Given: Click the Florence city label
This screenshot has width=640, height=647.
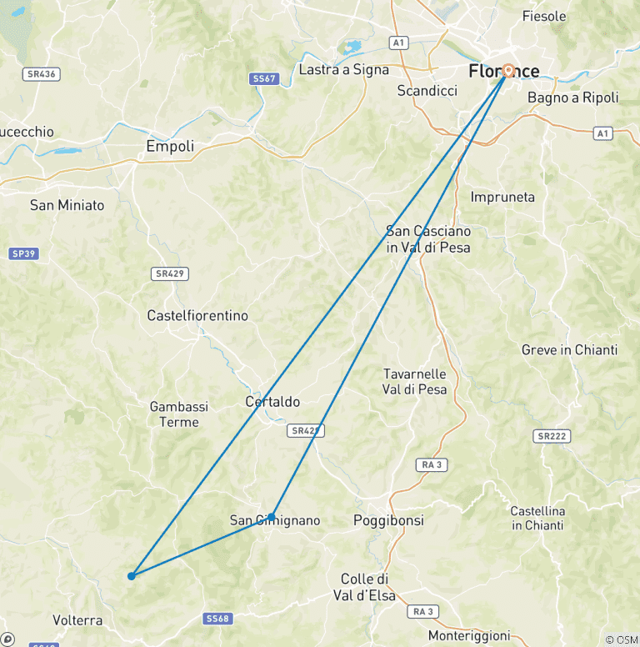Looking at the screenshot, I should (x=503, y=71).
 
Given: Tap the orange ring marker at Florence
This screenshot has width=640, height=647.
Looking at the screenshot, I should (x=507, y=72).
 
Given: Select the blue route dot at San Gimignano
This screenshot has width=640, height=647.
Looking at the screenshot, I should (x=272, y=517).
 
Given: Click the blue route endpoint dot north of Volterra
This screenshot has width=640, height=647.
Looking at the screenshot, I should (x=132, y=575).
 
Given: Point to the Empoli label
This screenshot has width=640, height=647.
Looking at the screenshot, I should (x=170, y=147).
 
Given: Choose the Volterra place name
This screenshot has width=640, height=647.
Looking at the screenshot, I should (x=77, y=620).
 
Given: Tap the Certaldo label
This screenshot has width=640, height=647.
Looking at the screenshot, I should (x=272, y=402).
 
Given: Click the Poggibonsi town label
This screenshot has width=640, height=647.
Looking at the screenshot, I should (x=388, y=520).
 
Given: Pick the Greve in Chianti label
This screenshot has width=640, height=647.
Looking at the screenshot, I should (x=569, y=350).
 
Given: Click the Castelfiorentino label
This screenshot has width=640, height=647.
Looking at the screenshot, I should (x=197, y=316).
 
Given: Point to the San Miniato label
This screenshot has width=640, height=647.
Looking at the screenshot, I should (x=67, y=205).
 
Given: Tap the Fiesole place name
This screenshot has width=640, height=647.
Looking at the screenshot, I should (x=543, y=16).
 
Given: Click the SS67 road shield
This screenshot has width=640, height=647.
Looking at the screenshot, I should (x=262, y=78).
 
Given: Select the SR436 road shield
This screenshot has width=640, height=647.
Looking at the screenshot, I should (x=41, y=74).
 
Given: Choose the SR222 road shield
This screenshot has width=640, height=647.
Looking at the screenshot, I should (x=552, y=436).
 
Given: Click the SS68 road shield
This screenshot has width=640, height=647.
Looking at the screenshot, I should (x=217, y=619).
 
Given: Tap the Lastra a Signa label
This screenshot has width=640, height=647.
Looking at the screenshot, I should (x=344, y=69).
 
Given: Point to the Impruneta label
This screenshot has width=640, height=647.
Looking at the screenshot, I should (x=502, y=198).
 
